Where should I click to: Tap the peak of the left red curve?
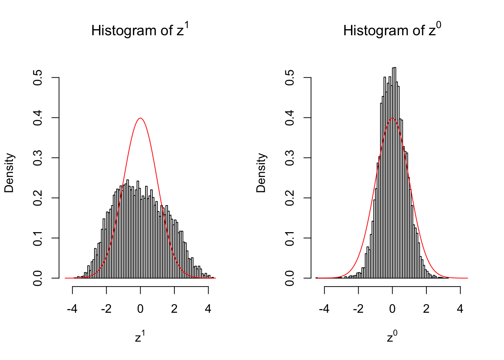(x=140, y=118)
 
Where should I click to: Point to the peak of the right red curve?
(x=392, y=118)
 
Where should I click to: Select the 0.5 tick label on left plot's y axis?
(x=37, y=78)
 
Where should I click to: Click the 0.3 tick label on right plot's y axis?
(x=289, y=158)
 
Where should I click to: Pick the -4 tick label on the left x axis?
(x=72, y=309)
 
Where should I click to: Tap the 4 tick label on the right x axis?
(x=460, y=309)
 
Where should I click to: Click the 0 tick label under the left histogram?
(x=140, y=309)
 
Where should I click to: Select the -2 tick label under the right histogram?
(x=358, y=309)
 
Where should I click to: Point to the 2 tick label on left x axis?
(x=174, y=309)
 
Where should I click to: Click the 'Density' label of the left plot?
(x=9, y=173)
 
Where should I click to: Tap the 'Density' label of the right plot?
(x=261, y=173)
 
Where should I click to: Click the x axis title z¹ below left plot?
(x=140, y=337)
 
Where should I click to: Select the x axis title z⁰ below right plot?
(x=392, y=337)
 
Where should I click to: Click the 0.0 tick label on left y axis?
(x=37, y=278)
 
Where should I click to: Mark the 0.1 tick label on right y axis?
(x=289, y=238)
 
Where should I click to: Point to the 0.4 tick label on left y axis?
(x=37, y=118)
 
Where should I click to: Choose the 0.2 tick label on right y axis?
(x=289, y=198)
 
